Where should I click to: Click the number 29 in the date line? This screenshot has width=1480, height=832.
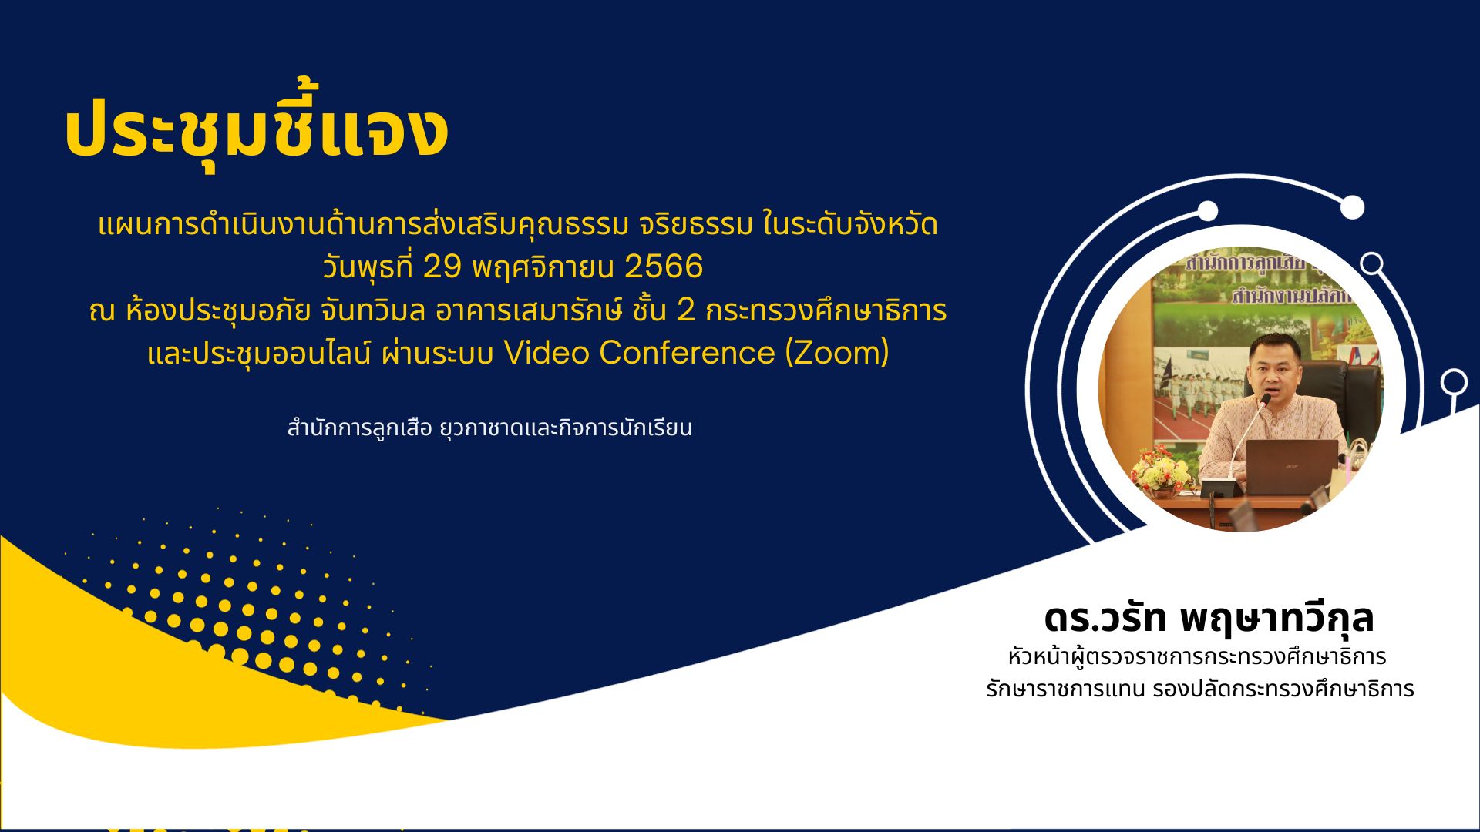[442, 267]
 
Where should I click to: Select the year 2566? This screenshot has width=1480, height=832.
[664, 267]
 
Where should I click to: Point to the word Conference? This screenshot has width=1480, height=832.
[687, 352]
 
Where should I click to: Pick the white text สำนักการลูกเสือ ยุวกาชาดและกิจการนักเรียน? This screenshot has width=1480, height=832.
[489, 428]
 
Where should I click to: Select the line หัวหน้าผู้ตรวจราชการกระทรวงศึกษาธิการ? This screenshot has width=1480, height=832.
[1196, 656]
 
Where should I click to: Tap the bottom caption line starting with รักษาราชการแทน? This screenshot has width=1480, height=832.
[1200, 689]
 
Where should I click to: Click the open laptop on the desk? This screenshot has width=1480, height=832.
[1292, 467]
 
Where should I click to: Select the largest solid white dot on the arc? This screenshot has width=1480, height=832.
[1352, 207]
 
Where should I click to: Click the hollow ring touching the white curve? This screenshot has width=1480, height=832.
[1454, 382]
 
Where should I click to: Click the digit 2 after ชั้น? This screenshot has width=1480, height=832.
[685, 310]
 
